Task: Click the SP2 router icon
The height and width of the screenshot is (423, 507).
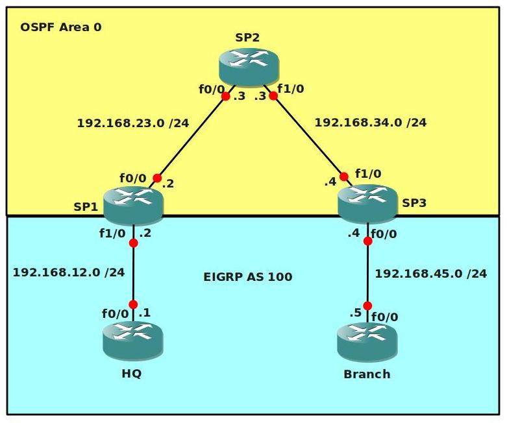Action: pos(248,66)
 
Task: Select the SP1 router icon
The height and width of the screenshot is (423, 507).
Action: pos(132,204)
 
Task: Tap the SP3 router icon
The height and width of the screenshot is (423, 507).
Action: pos(367,202)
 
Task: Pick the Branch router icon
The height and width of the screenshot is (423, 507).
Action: pos(367,342)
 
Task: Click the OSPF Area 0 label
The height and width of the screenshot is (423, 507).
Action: pos(61,27)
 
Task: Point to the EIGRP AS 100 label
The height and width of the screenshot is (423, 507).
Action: pos(248,277)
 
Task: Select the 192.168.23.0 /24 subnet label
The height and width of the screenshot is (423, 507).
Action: pos(132,123)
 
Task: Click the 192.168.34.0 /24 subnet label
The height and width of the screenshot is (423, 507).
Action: pos(370,122)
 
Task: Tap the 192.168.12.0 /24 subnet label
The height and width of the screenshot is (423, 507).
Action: pos(68,272)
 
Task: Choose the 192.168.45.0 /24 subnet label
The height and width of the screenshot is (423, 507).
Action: pos(430,274)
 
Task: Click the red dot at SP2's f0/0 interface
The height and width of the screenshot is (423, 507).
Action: pos(225,96)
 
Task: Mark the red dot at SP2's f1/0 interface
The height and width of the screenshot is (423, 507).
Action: pos(273,95)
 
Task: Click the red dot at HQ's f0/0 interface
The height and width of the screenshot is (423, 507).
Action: pos(133,304)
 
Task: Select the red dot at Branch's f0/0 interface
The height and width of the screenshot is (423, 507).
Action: pos(367,306)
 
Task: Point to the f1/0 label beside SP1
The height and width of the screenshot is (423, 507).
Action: pos(112,234)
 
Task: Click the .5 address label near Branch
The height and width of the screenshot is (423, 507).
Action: pos(355,313)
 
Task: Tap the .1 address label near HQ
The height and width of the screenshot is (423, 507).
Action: pos(145,313)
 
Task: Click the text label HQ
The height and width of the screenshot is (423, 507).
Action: pos(131,374)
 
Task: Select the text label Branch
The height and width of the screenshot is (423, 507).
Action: pos(367,374)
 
